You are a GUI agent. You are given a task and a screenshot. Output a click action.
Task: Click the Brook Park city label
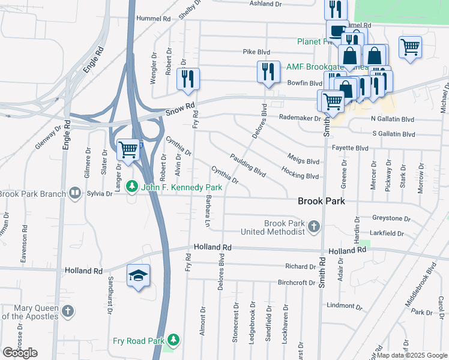321,201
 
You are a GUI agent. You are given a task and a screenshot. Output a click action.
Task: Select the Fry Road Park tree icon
173,341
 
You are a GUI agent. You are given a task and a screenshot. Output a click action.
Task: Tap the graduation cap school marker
139,275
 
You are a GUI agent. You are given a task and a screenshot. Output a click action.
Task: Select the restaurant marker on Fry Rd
188,79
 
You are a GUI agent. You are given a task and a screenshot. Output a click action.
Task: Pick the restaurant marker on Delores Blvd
268,72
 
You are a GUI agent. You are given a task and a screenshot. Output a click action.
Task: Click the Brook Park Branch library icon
74,193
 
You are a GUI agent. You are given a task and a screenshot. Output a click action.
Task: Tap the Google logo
20,352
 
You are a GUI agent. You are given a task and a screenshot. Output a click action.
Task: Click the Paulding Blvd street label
247,165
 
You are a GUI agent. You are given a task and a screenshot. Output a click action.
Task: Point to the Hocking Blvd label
300,176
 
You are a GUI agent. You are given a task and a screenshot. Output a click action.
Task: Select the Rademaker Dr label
300,118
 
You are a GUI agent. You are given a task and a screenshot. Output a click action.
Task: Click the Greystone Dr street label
390,219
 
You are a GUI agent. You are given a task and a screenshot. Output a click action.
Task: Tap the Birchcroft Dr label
297,283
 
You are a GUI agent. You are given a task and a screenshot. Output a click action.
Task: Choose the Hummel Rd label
154,19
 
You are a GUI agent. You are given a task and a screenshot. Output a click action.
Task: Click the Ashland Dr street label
265,4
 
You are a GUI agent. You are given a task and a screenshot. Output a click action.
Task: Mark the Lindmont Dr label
344,306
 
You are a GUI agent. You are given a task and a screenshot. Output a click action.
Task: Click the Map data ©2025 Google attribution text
411,355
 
